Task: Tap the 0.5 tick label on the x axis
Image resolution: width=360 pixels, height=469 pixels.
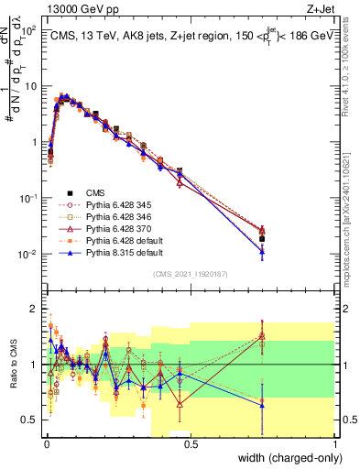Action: (190, 443)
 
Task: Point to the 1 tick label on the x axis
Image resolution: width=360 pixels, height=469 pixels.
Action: (335, 443)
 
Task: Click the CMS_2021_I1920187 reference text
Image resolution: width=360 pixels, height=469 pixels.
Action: (190, 273)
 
